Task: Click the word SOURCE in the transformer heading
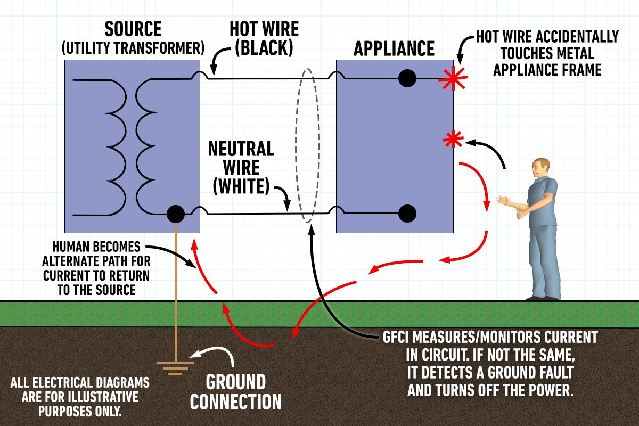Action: click(x=133, y=29)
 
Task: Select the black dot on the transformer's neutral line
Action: click(x=175, y=214)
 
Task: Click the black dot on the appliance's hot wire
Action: click(x=407, y=79)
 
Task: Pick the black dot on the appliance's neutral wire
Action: click(x=407, y=213)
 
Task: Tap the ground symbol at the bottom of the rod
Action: click(x=176, y=367)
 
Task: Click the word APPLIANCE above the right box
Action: click(x=394, y=49)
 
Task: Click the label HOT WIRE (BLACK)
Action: click(x=263, y=38)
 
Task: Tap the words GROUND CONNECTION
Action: click(x=235, y=392)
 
